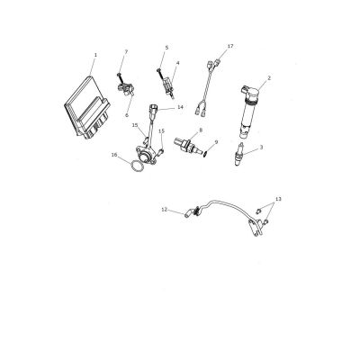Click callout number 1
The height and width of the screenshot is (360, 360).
click(x=95, y=55)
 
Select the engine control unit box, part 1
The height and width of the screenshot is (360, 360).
click(x=87, y=107)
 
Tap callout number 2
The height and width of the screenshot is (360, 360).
click(x=269, y=78)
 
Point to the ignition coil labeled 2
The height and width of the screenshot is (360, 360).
click(x=250, y=112)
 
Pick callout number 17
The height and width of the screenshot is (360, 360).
click(x=230, y=46)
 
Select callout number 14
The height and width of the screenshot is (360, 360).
click(x=180, y=107)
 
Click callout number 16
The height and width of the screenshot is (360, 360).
click(x=114, y=155)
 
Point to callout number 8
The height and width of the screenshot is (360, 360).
click(x=201, y=130)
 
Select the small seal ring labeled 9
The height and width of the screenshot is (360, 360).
click(x=205, y=154)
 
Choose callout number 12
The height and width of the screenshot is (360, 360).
click(x=164, y=210)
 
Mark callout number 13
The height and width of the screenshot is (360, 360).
click(x=278, y=199)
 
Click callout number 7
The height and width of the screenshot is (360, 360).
click(x=126, y=52)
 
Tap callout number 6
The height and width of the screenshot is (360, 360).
click(x=127, y=115)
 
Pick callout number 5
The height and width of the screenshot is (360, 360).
click(x=166, y=48)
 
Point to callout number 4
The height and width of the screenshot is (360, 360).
click(x=177, y=63)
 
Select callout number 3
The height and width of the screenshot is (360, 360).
click(x=262, y=147)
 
